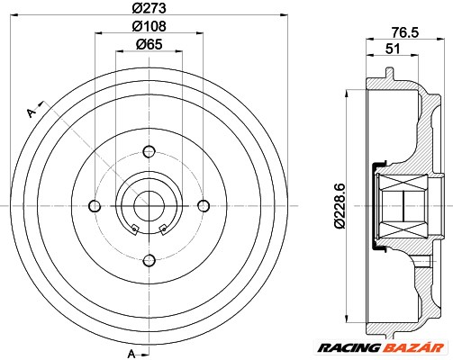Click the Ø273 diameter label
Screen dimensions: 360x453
149,10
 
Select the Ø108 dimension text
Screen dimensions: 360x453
149,27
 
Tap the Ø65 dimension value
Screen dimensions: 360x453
149,44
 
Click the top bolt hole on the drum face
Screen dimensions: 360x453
148,151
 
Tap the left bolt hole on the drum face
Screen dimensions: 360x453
93,206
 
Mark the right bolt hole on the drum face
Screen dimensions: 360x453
203,206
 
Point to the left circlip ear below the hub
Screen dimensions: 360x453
133,226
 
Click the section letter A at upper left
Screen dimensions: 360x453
32,112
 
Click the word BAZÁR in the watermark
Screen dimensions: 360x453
425,343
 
